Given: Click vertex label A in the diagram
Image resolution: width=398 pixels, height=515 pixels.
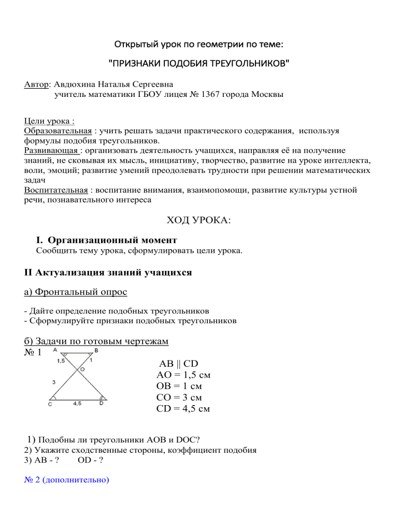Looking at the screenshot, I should click(54, 351).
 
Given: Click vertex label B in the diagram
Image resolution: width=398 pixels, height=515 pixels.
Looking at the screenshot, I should click(97, 351).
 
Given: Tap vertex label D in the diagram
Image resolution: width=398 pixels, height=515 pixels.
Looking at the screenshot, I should click(102, 405).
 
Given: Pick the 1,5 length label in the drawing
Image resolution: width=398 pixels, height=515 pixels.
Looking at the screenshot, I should click(61, 361).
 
